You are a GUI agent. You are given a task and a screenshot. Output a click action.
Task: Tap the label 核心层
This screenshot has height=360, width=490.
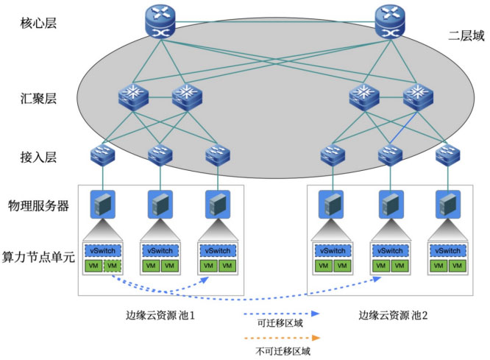coord(39,22)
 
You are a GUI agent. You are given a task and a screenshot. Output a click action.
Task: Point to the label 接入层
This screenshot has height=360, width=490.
coord(39,156)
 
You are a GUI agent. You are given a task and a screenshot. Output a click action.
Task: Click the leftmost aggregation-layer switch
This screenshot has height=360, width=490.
coord(132,96)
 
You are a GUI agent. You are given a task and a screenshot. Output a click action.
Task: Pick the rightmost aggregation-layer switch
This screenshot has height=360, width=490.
coord(418,96)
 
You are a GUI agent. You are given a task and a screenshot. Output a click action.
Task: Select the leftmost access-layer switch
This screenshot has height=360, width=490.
coord(99,155)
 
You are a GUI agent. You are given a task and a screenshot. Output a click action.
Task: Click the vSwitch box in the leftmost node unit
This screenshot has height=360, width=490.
coord(100,250)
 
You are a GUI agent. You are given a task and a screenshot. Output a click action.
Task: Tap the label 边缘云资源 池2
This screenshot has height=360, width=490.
coord(393,316)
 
